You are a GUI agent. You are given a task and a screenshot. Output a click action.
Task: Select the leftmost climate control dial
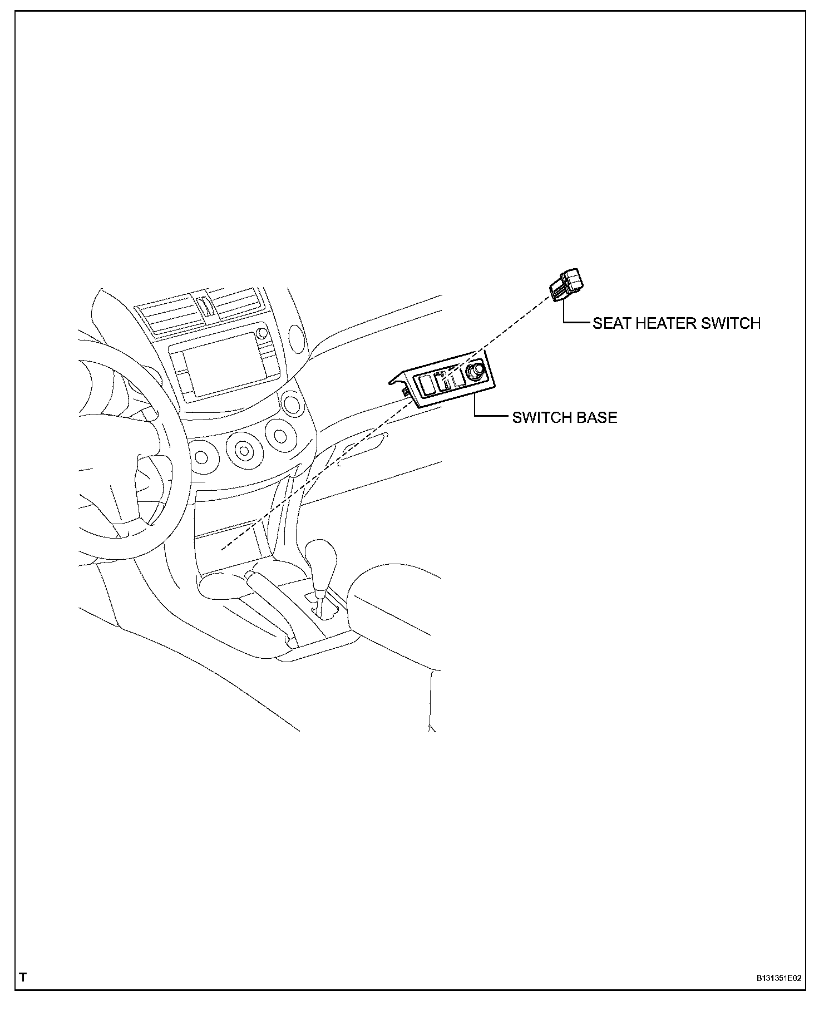tap(201, 457)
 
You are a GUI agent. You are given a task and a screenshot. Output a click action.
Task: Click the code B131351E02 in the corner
tap(778, 978)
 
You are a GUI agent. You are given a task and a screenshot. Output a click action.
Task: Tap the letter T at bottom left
tap(23, 978)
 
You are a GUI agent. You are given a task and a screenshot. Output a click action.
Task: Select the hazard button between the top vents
tap(205, 306)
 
